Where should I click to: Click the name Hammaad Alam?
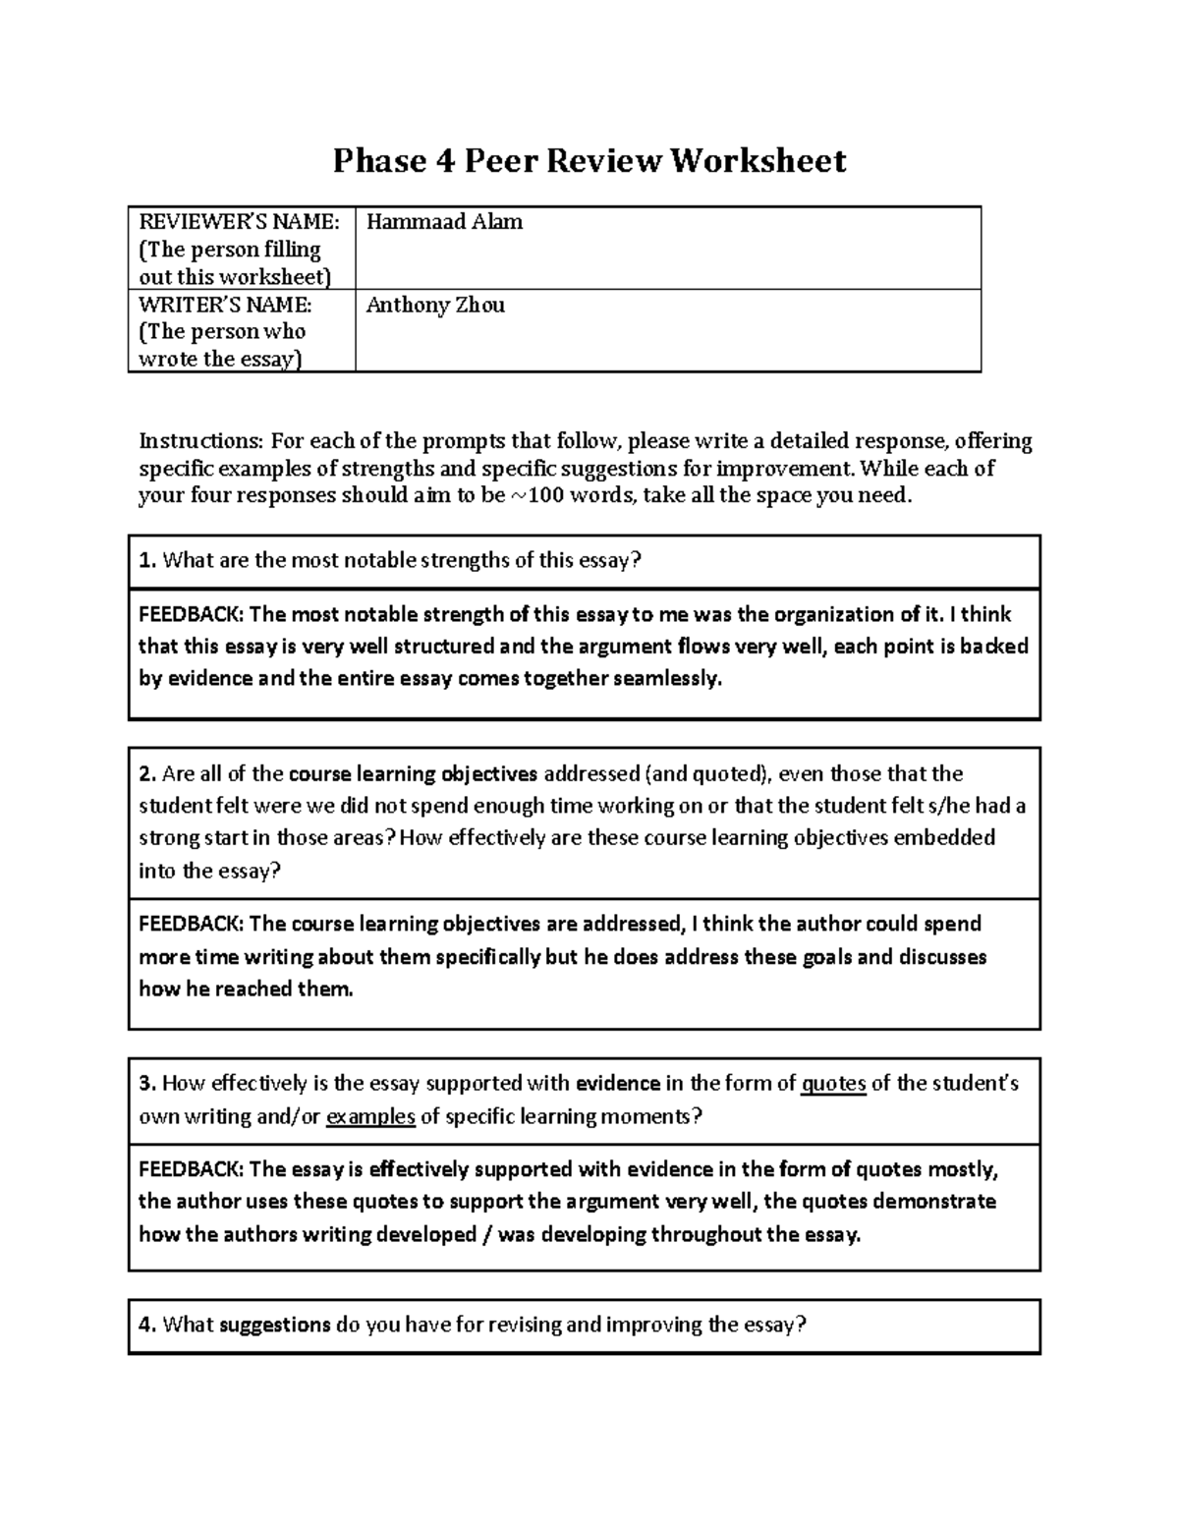pos(444,222)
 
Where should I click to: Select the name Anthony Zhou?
pos(435,305)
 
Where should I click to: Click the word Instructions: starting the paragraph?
pos(201,440)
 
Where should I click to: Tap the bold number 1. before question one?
pos(147,561)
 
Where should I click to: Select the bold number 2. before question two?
pos(147,774)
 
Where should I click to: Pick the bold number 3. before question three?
pos(147,1084)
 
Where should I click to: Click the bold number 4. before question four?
pos(147,1325)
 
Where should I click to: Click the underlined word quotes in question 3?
pos(834,1084)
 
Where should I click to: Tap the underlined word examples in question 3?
pos(370,1116)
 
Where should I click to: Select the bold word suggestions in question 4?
pos(275,1325)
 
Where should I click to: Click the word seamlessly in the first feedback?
pos(666,679)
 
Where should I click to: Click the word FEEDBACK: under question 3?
pos(192,1169)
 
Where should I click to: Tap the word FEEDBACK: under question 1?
pos(192,615)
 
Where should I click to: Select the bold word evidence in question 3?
pos(617,1084)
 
